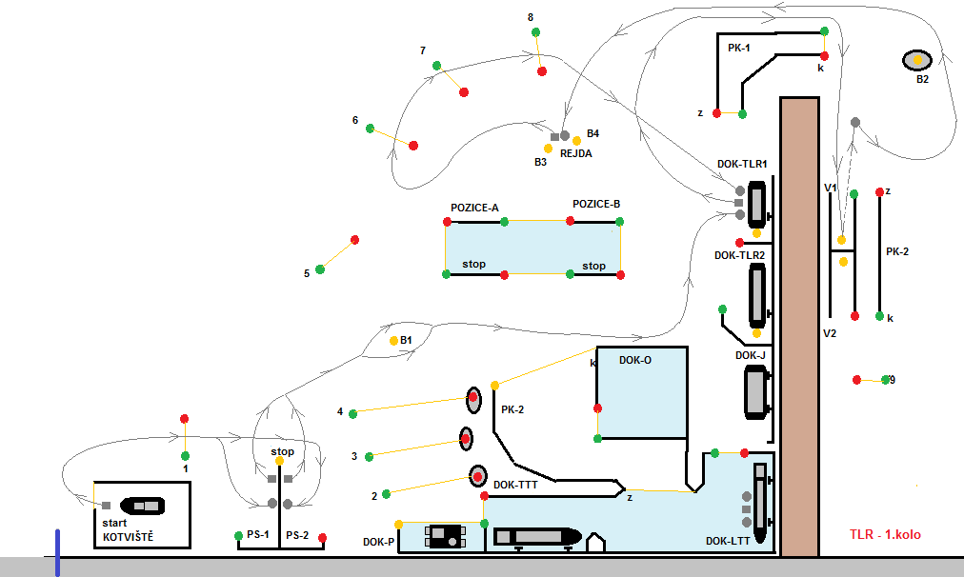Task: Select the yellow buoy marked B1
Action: point(393,340)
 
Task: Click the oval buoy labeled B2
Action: point(917,60)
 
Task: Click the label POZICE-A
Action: point(474,208)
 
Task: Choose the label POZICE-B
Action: point(596,205)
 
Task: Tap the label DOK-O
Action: point(635,360)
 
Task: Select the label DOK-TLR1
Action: point(742,164)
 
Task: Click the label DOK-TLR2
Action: point(739,255)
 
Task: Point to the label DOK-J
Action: point(751,355)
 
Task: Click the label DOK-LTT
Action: point(728,541)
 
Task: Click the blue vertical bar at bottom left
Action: point(57,553)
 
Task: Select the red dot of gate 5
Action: point(354,239)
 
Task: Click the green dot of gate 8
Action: point(535,32)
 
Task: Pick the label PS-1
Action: point(258,535)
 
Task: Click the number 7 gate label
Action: point(422,50)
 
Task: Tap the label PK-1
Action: point(738,48)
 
